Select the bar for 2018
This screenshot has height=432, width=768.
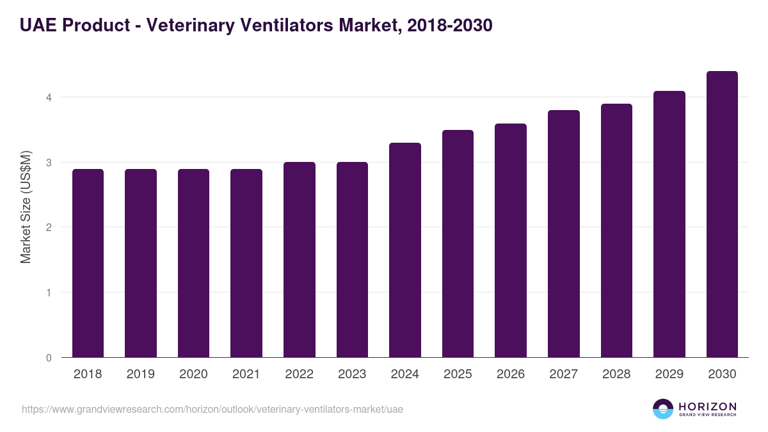click(x=88, y=263)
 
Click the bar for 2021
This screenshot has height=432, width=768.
click(x=246, y=263)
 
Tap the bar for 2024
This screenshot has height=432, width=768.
click(x=405, y=250)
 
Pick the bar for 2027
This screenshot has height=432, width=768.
click(x=564, y=234)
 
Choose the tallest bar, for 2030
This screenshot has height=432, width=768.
click(x=722, y=214)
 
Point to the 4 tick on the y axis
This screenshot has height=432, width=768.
click(x=48, y=97)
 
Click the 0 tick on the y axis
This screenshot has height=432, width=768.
click(x=48, y=358)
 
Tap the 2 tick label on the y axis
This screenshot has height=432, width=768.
click(x=48, y=227)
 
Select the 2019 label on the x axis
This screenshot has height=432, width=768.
click(x=141, y=374)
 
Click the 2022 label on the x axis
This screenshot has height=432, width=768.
click(x=299, y=374)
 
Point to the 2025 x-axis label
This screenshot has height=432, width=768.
click(x=458, y=374)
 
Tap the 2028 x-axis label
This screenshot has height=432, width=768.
click(x=616, y=374)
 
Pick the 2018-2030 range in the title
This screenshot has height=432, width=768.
click(x=447, y=26)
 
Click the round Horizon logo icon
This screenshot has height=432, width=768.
click(x=663, y=409)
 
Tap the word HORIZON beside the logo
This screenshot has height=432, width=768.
click(x=707, y=406)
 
